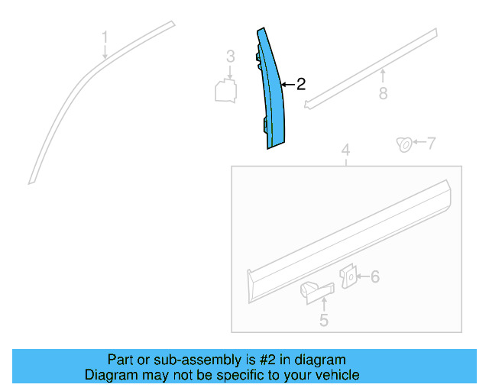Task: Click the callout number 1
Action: click(105, 37)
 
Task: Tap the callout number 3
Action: click(229, 57)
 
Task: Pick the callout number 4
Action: click(345, 150)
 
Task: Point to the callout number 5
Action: click(323, 321)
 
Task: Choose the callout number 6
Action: click(374, 276)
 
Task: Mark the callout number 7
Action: click(431, 143)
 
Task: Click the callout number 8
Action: click(383, 93)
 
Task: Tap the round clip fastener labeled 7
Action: click(403, 143)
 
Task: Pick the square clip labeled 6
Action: click(348, 276)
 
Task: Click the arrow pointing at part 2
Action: click(287, 84)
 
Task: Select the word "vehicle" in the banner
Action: click(336, 375)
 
